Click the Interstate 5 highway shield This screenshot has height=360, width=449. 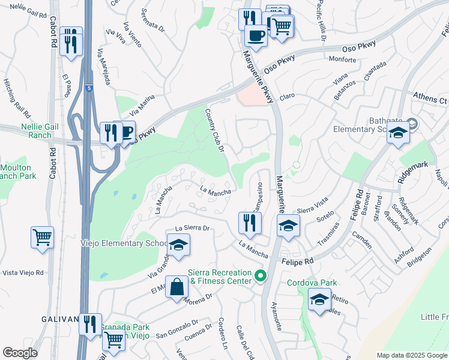tap(89, 87)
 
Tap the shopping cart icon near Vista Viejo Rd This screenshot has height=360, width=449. tap(42, 238)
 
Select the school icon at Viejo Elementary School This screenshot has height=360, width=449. tap(178, 245)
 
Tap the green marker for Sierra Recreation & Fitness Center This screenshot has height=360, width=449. tap(260, 277)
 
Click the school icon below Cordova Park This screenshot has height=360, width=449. tap(319, 299)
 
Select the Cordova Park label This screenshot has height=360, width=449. tap(312, 283)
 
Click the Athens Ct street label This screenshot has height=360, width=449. tap(430, 97)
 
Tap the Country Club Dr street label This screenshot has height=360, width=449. tap(214, 130)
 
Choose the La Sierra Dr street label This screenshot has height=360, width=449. tap(191, 229)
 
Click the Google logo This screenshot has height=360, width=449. tap(20, 353)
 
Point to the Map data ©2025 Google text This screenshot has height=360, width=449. tap(411, 355)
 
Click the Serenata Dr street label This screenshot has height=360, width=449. tap(152, 20)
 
